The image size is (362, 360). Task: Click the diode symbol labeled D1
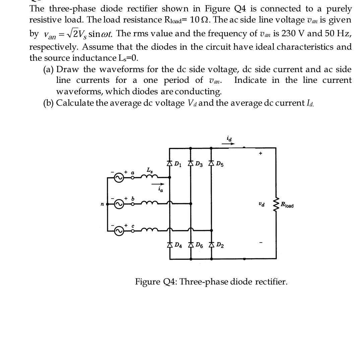click(x=169, y=164)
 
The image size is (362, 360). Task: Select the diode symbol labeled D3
click(x=190, y=164)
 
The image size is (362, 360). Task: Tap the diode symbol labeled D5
click(x=211, y=164)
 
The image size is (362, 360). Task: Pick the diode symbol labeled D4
click(x=169, y=245)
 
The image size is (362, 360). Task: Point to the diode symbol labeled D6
click(x=190, y=245)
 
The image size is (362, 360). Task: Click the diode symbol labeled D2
click(x=211, y=245)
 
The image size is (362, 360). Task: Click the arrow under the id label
click(x=228, y=144)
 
